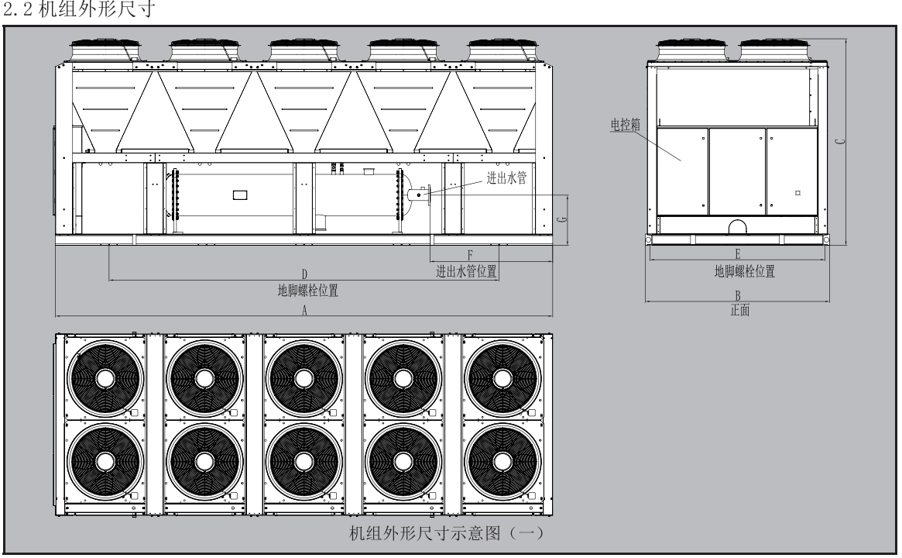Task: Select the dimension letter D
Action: [x=305, y=274]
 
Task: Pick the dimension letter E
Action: [x=738, y=254]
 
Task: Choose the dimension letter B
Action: [x=738, y=296]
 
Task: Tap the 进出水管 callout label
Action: [x=506, y=179]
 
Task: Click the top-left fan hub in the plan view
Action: [x=105, y=378]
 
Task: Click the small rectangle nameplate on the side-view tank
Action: [x=240, y=196]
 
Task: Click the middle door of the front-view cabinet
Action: [x=737, y=171]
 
